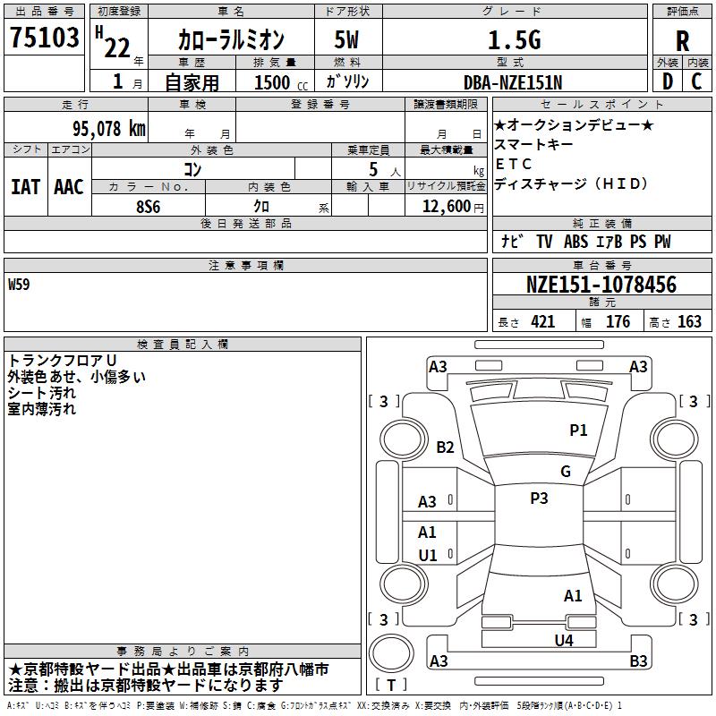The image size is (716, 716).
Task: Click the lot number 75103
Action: click(43, 38)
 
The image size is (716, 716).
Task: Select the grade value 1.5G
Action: click(513, 39)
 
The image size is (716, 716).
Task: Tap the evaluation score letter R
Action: click(682, 39)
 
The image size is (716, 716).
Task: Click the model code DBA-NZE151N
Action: click(513, 81)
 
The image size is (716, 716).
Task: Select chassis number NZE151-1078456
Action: click(601, 286)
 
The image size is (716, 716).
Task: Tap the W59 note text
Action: click(19, 286)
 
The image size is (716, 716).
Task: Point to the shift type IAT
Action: click(25, 187)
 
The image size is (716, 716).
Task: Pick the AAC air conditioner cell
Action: click(69, 187)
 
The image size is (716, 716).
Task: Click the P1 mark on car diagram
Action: click(578, 430)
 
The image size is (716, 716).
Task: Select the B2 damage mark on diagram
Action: click(446, 447)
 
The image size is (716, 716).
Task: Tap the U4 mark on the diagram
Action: click(563, 640)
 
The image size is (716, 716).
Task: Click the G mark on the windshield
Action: click(566, 472)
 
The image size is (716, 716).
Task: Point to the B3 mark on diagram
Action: click(638, 661)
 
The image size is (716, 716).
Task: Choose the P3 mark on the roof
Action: click(539, 499)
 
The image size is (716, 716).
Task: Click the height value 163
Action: click(689, 322)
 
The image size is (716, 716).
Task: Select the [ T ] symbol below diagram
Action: click(391, 685)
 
